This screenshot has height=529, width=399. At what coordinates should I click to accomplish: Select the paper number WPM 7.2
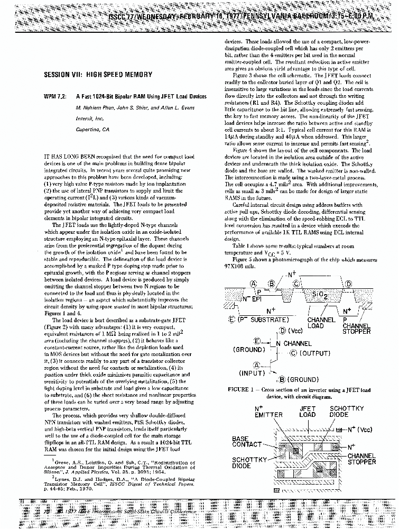pyautogui.click(x=55, y=97)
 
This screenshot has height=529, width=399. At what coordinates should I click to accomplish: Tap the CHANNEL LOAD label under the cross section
pyautogui.click(x=321, y=323)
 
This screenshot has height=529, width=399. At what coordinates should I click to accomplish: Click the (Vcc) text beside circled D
pyautogui.click(x=294, y=332)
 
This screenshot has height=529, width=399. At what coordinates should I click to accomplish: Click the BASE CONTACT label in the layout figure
pyautogui.click(x=247, y=441)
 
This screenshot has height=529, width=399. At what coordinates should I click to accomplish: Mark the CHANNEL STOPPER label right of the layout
pyautogui.click(x=361, y=458)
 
